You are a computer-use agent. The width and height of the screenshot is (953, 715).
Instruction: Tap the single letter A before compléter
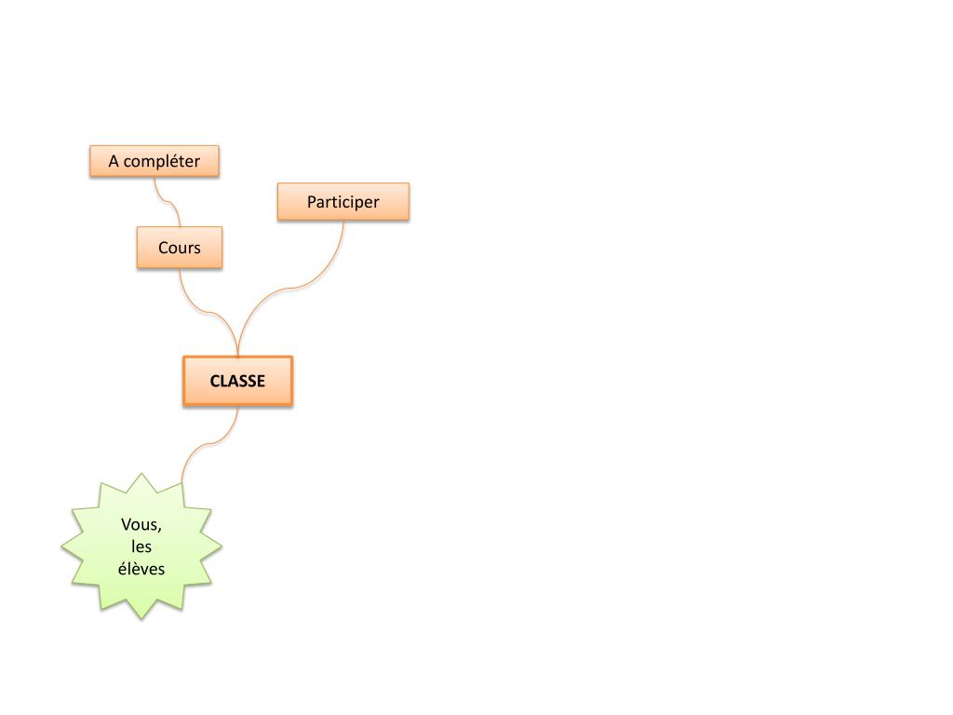coord(114,161)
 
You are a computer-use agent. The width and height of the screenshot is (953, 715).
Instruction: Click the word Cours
coord(180,248)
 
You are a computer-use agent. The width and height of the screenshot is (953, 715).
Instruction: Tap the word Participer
coord(343,201)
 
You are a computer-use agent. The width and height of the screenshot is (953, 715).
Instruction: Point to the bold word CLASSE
coord(237,381)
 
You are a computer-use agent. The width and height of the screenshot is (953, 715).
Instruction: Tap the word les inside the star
coord(141,546)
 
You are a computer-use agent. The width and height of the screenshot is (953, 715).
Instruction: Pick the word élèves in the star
coord(141,568)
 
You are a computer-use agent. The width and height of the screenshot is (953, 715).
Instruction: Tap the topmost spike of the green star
coord(141,478)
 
